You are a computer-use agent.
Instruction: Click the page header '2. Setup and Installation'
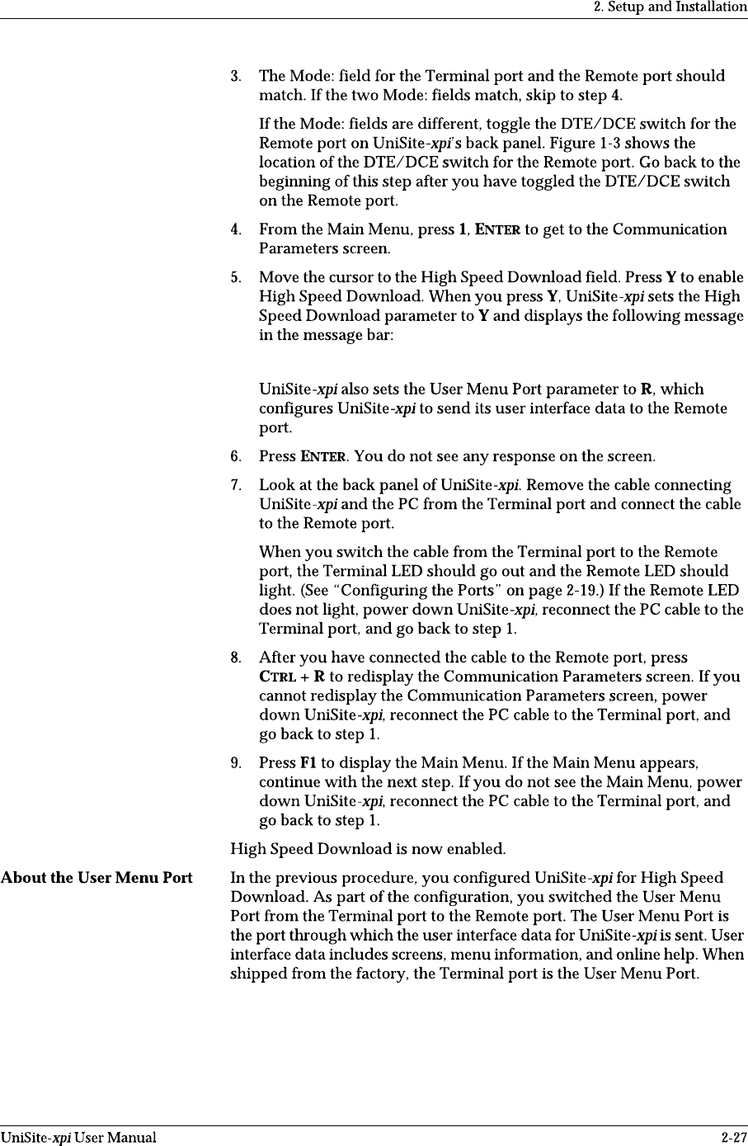point(670,7)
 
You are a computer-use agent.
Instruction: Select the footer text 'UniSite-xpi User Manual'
point(78,1138)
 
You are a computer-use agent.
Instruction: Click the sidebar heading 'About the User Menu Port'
point(96,878)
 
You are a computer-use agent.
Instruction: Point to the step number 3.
point(235,77)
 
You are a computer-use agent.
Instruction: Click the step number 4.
point(235,229)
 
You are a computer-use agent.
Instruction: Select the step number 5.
point(235,277)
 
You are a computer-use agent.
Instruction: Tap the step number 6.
point(235,456)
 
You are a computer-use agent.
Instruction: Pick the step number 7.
point(235,485)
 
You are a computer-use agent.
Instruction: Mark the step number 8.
point(235,658)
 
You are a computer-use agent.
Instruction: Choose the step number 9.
point(235,763)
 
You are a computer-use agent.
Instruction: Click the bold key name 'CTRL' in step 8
point(276,677)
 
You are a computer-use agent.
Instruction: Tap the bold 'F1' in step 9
point(308,763)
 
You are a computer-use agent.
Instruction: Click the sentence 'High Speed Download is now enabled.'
point(368,849)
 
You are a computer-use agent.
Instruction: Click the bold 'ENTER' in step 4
point(497,229)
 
